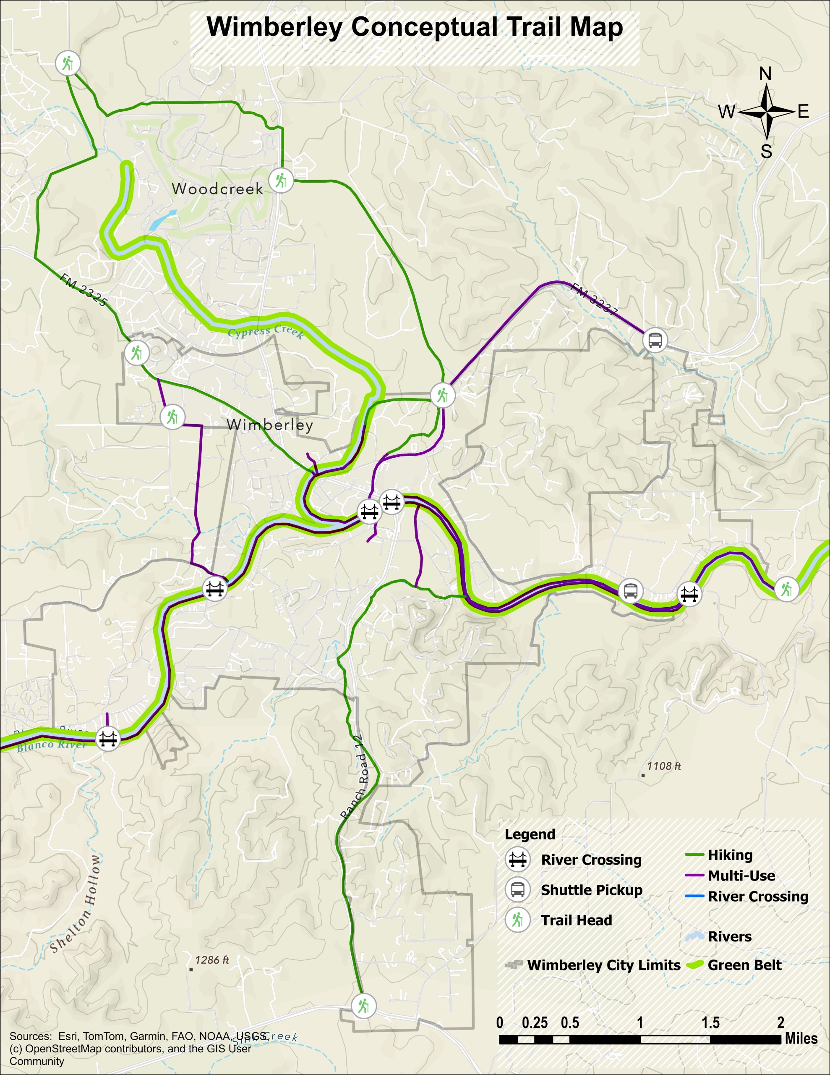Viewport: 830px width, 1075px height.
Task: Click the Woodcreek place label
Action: coord(217,189)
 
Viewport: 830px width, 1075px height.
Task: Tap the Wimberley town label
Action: coord(270,425)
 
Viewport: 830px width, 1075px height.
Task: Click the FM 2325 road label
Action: coord(83,289)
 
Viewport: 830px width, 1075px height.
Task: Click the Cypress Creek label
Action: coord(266,332)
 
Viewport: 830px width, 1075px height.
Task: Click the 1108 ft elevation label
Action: coord(664,766)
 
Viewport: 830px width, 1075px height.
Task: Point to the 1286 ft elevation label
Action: coord(211,960)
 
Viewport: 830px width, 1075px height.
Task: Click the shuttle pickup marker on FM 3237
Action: coord(655,340)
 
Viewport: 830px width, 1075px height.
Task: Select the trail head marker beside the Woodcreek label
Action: coord(281,181)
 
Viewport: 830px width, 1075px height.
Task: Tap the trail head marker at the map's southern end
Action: coord(363,1006)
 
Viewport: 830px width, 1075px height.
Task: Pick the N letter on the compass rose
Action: coord(765,74)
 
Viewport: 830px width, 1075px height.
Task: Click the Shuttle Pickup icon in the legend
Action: coord(517,889)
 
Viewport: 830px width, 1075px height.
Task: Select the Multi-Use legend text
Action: coord(741,876)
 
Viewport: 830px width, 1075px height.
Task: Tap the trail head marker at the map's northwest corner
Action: coord(68,63)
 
